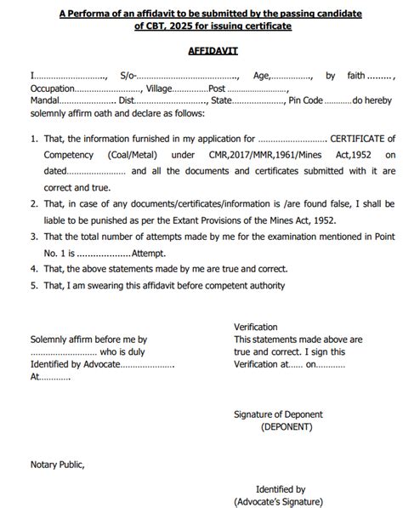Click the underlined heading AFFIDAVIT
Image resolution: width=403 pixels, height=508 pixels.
213,51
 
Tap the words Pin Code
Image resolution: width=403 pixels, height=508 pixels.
306,100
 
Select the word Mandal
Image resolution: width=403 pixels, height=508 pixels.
44,100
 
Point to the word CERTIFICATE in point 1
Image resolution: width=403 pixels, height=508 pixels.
363,138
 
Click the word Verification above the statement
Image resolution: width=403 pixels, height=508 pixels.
255,327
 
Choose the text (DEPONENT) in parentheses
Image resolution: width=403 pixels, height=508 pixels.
287,426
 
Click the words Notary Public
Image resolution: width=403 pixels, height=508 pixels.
57,464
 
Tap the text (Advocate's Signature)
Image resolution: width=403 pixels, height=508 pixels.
280,501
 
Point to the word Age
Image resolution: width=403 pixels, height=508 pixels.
262,76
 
